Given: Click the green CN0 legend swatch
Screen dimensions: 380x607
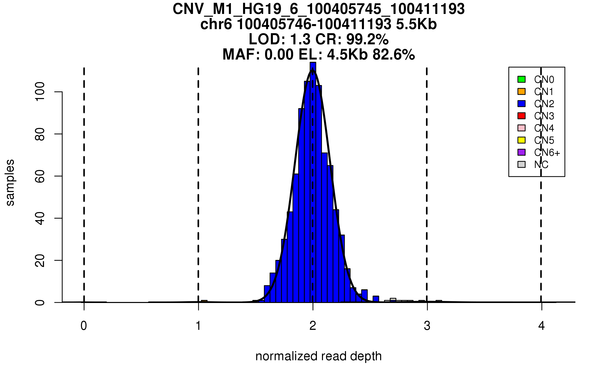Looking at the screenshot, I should point(521,79).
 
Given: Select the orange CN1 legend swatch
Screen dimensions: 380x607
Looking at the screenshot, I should point(521,91).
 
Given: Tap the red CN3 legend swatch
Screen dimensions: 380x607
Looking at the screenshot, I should point(521,116).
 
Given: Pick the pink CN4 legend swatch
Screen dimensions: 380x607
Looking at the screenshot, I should point(521,128).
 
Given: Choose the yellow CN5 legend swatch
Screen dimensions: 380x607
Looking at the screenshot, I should point(521,140).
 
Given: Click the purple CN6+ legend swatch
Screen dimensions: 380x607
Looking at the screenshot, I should point(521,152).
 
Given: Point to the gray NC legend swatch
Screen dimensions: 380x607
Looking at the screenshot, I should point(521,164).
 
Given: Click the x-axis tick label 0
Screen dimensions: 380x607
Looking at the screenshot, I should point(84,326).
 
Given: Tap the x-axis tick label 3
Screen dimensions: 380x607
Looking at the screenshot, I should point(427,326).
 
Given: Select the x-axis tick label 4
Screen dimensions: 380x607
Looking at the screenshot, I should point(541,326).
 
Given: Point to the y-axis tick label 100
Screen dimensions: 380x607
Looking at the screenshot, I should point(40,92).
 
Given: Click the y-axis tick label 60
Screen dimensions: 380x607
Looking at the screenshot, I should point(40,176).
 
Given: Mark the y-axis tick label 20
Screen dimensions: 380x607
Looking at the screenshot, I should point(40,260).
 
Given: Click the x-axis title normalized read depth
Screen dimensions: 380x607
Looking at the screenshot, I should point(318,356).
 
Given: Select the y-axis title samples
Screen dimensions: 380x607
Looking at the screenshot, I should point(10,183).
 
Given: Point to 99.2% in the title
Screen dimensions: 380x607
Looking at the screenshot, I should point(367,40).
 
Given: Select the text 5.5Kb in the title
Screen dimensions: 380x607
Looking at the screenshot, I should point(416,24).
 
